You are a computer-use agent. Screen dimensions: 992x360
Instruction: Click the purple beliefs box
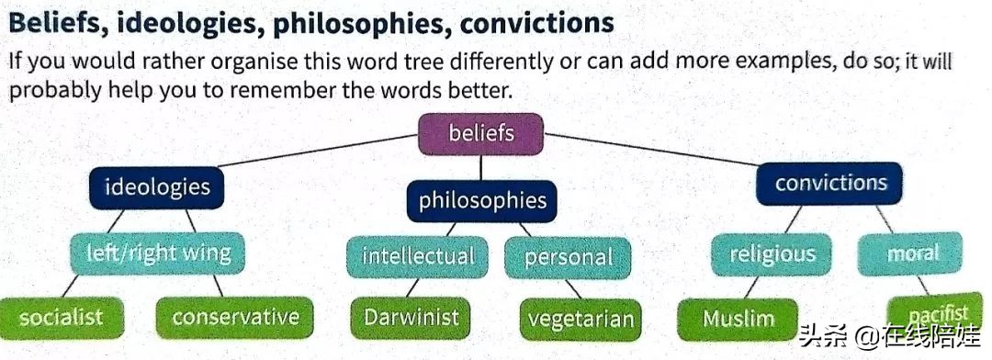click(480, 134)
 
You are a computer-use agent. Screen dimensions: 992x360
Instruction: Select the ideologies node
click(157, 187)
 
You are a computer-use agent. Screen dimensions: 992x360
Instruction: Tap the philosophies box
click(482, 201)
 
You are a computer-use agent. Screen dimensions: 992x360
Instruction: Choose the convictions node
click(830, 184)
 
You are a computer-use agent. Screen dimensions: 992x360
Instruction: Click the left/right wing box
click(158, 253)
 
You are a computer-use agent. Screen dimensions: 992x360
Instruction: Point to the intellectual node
click(418, 257)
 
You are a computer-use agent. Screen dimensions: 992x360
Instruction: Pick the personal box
click(569, 257)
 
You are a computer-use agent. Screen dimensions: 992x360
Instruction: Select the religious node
click(772, 254)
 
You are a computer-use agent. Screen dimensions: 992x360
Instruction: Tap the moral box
click(910, 253)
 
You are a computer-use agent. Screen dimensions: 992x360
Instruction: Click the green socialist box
click(61, 317)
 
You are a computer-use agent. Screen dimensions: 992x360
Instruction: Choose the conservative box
click(235, 317)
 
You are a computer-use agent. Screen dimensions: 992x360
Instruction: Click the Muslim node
click(738, 319)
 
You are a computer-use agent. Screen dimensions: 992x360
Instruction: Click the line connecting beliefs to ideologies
click(318, 151)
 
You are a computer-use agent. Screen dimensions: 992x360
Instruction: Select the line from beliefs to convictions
click(651, 150)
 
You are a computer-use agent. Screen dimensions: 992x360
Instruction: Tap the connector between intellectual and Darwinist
click(412, 287)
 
